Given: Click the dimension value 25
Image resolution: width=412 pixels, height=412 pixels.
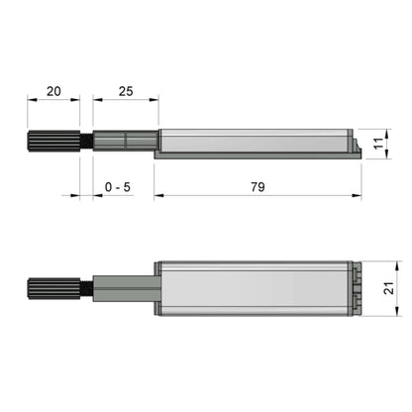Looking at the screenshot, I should [x=125, y=90].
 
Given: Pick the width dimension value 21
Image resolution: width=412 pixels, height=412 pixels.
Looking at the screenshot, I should [x=389, y=287].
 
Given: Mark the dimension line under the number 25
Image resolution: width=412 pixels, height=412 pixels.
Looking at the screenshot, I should [x=125, y=99].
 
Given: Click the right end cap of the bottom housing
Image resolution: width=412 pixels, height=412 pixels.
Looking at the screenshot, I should [x=354, y=287].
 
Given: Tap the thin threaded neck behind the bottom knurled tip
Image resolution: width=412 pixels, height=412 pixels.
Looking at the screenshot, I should [x=87, y=288].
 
